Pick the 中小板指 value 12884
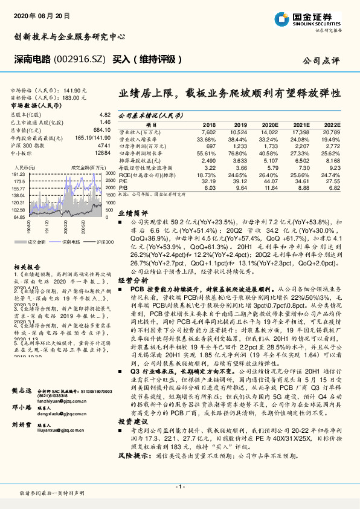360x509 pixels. click(103, 154)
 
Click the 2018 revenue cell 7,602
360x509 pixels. click(208, 131)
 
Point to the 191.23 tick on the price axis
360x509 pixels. click(17, 173)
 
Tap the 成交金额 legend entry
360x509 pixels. click(36, 242)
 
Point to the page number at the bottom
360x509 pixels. click(180, 486)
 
